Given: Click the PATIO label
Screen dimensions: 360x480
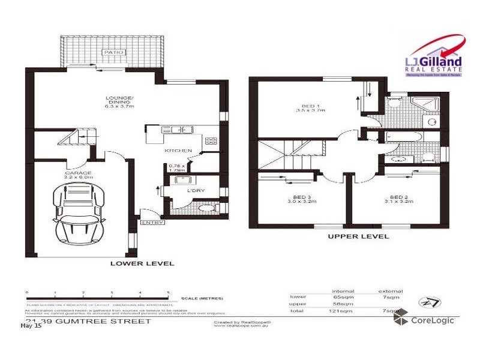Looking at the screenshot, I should coord(114,53).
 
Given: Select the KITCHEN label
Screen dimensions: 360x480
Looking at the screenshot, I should coord(179,151).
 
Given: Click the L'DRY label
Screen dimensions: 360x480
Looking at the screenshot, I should coord(196,191).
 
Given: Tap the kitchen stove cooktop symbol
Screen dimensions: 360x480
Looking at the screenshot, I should coord(211,142).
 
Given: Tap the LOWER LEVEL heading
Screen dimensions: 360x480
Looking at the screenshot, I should coord(143,263).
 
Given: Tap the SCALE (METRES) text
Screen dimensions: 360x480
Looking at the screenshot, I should coord(203,298).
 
